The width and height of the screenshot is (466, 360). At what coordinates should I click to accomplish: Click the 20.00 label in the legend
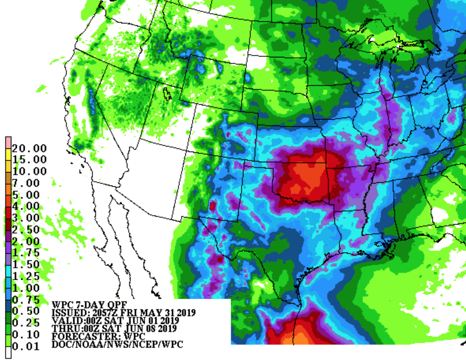[x=29, y=148]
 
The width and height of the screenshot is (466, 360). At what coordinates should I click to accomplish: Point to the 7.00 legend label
[x=26, y=183]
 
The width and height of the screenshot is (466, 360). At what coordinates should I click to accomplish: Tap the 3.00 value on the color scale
[x=26, y=218]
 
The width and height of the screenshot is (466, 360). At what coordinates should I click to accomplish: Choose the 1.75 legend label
[x=26, y=253]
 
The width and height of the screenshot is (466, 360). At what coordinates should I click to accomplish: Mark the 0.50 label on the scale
[x=26, y=311]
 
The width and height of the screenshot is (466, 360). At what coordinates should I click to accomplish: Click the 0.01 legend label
[x=26, y=346]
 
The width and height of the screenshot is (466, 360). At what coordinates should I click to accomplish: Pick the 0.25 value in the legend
[x=26, y=323]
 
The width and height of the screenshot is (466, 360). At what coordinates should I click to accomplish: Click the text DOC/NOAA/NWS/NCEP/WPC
[x=117, y=344]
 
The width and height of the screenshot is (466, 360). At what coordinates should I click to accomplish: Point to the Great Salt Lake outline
[x=167, y=93]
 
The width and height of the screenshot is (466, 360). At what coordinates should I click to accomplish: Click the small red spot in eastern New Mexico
[x=212, y=206]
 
